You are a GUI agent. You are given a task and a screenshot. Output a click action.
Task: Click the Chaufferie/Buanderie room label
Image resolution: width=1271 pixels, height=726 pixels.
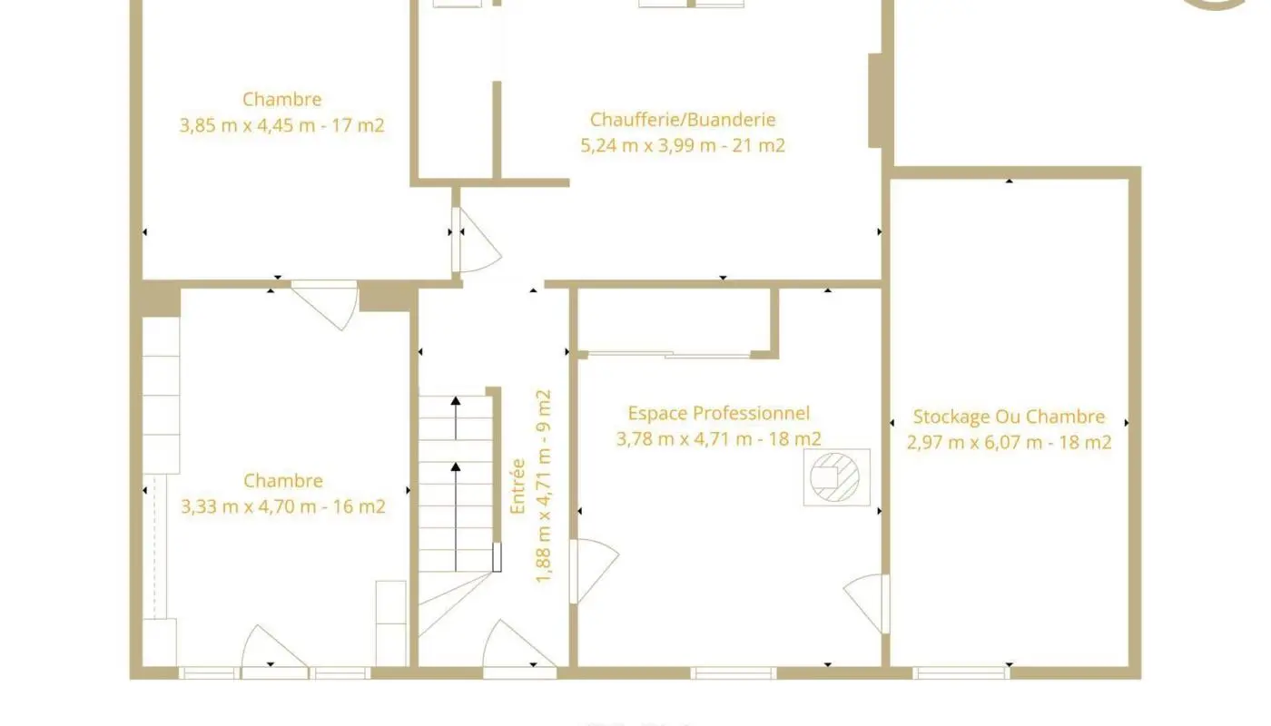[683, 120]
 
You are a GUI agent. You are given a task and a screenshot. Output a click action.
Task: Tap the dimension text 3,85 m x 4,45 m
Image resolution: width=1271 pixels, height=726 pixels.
[247, 125]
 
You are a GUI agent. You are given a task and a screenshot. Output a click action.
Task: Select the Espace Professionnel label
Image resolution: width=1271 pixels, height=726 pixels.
[718, 413]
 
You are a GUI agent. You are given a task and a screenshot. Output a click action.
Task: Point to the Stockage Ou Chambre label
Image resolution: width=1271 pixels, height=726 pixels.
[1009, 417]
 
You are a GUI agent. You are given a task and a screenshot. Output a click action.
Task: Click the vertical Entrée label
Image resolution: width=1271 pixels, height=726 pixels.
[517, 486]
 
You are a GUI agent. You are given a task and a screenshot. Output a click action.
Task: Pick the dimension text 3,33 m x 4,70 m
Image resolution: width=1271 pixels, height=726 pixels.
[249, 506]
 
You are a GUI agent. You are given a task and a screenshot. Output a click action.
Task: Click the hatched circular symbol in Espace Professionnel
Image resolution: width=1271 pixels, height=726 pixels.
[834, 477]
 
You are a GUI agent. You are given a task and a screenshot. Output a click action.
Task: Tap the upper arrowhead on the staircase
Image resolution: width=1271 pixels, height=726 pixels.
[456, 401]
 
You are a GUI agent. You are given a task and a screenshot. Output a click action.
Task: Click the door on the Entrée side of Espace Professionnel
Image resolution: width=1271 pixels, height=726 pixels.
[594, 571]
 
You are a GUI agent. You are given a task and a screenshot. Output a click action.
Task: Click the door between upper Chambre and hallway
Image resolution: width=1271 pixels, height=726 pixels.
[477, 240]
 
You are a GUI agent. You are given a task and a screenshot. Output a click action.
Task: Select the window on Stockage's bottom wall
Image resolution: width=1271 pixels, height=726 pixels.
[961, 673]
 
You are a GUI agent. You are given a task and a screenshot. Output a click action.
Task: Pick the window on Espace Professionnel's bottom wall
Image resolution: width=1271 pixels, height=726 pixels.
[734, 673]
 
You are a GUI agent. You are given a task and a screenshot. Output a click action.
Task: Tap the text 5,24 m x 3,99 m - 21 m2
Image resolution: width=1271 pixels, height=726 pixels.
[683, 146]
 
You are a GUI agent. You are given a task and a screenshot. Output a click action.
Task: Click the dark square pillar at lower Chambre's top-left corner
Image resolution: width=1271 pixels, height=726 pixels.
[161, 299]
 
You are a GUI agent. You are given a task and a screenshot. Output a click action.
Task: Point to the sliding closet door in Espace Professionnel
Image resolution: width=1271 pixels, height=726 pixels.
[668, 355]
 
